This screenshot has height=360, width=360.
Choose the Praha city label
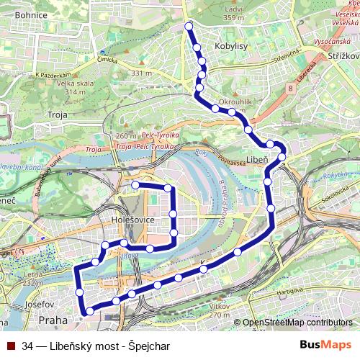[53, 318]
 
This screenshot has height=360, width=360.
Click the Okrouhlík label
[235, 102]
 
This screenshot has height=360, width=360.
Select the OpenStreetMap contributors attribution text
[297, 323]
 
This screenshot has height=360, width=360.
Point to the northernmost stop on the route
[189, 27]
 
